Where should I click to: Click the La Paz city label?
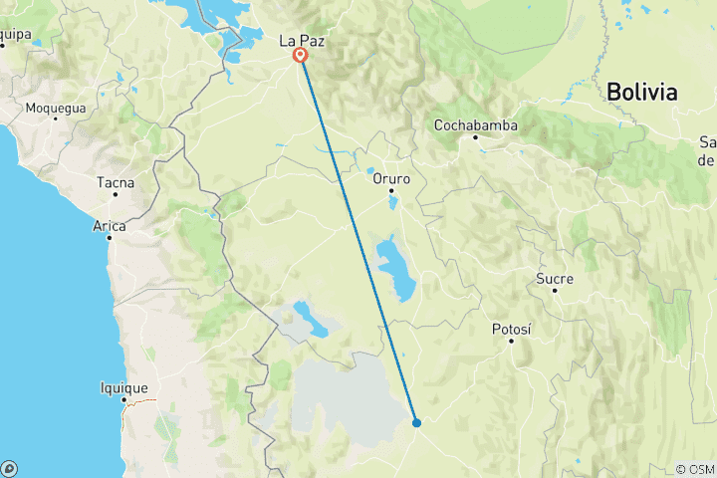301,41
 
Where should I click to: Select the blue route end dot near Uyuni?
416,422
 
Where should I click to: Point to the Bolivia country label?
641,93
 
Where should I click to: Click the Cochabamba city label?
476,125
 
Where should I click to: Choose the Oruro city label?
391,178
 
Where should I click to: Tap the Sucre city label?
555,279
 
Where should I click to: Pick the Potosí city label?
512,329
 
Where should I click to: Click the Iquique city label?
124,388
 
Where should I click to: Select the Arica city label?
110,226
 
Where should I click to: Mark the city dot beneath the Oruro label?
392,190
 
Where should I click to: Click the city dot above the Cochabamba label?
476,137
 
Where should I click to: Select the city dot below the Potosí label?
512,341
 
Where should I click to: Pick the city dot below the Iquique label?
124,400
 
